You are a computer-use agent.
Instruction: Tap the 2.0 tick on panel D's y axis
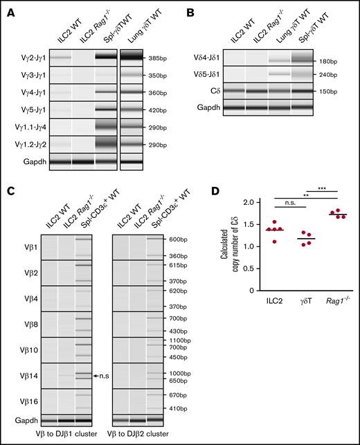pyautogui.click(x=235, y=202)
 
